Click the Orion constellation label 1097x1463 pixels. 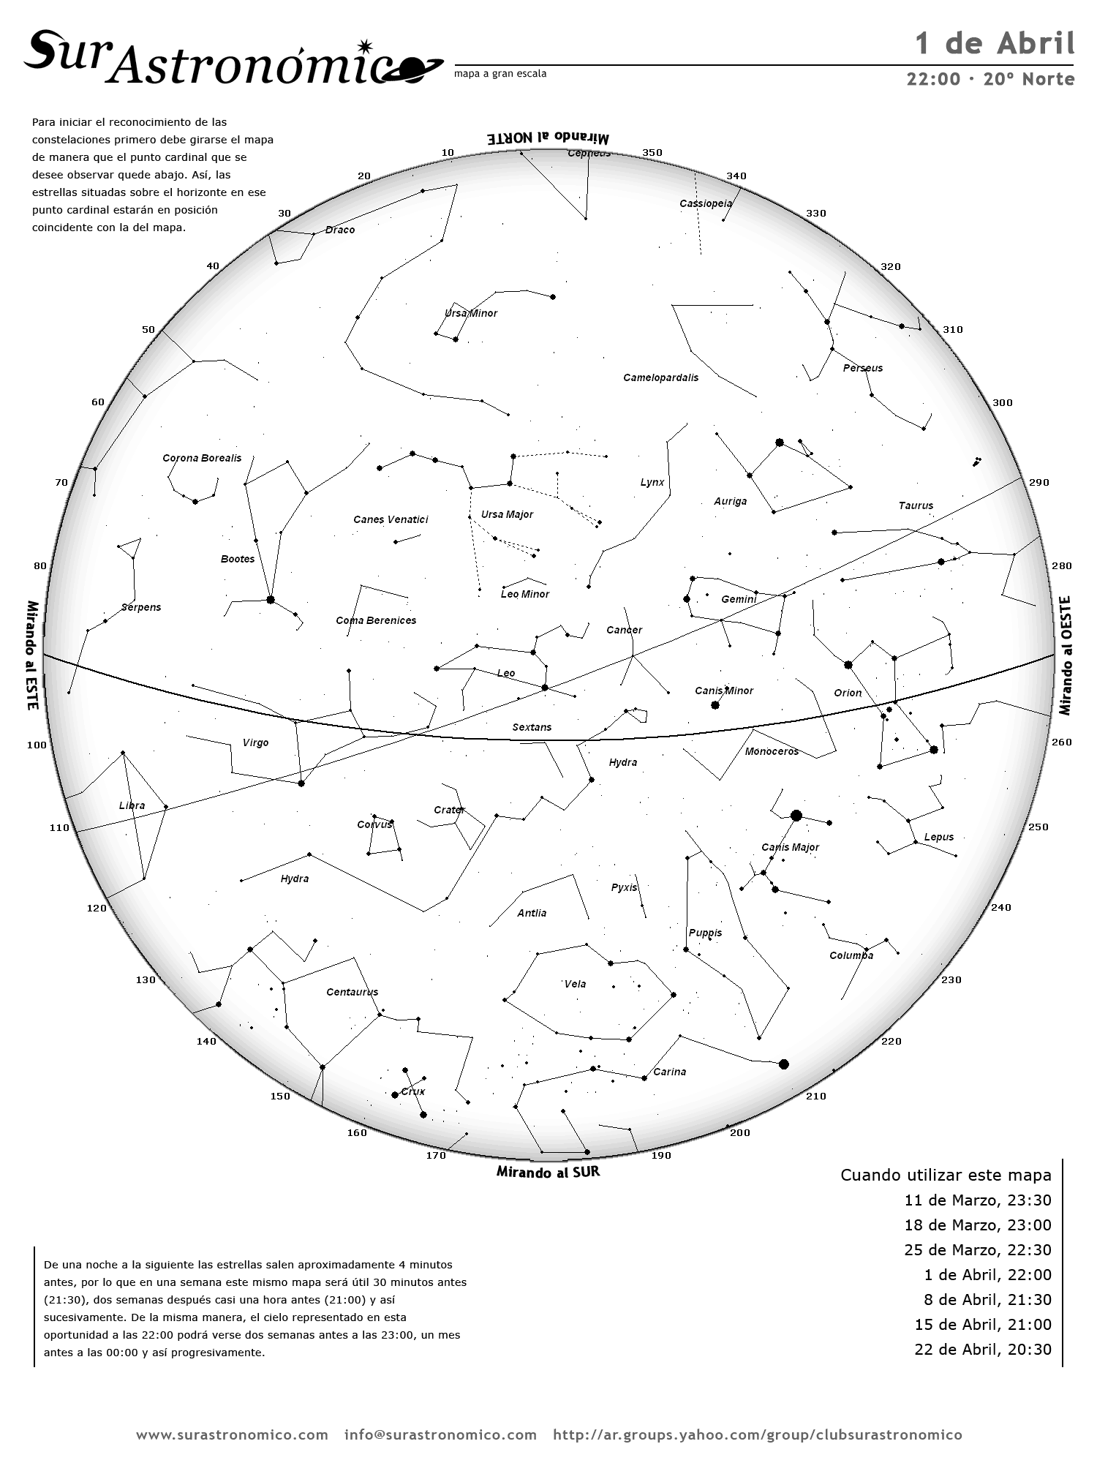pos(848,693)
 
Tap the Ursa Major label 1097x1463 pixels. pos(507,514)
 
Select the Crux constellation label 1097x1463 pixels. pos(413,1091)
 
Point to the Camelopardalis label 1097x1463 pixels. pos(660,377)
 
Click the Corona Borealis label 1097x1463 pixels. pos(202,458)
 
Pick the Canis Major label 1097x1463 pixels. pos(790,847)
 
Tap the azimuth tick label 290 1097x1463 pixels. pos(1038,482)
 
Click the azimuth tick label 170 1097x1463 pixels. pos(436,1155)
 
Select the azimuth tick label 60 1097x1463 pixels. pos(98,402)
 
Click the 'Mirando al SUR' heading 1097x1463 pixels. pos(548,1172)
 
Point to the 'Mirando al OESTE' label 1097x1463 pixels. pos(1065,655)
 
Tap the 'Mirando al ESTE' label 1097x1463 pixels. pos(32,655)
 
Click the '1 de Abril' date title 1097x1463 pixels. pos(995,44)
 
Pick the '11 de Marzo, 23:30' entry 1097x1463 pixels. pos(978,1200)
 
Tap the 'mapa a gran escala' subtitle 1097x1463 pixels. pos(500,74)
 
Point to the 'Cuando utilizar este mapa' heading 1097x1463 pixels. pos(946,1175)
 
